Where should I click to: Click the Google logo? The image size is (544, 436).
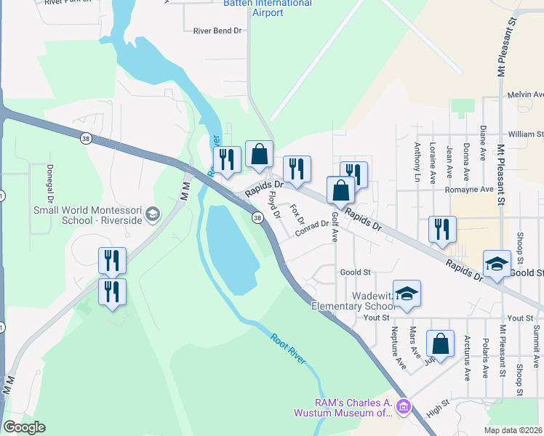point(24,427)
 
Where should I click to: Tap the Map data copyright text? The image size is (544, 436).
point(513,430)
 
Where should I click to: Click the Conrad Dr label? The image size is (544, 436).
point(312,228)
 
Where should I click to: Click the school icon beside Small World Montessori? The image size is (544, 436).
point(153,214)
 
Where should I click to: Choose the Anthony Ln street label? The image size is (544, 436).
point(417,156)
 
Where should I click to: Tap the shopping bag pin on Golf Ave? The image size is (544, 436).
point(340,192)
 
